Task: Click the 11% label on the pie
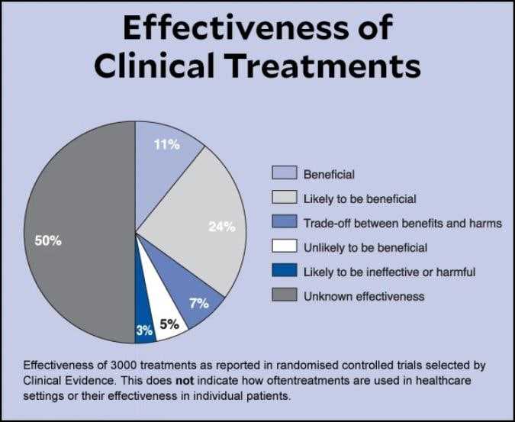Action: point(167,145)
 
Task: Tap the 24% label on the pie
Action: point(222,226)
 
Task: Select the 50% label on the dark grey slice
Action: point(48,241)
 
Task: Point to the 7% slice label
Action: point(199,303)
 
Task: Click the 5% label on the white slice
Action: point(169,324)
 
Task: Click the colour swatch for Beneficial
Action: point(284,174)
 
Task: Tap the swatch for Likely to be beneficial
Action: point(284,198)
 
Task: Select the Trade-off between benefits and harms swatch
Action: point(284,223)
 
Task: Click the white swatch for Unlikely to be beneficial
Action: point(284,247)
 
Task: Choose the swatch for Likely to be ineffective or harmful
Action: point(284,272)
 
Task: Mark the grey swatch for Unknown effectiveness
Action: point(284,296)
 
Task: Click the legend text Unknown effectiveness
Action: point(363,296)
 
